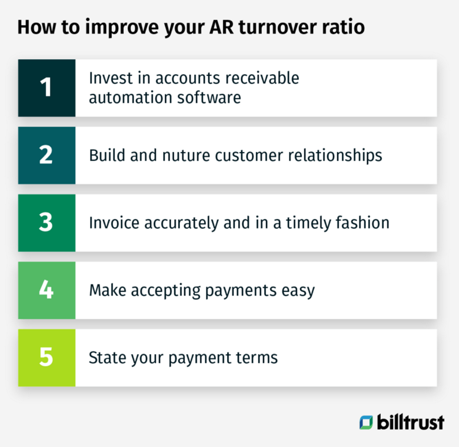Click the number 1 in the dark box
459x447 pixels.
click(x=46, y=87)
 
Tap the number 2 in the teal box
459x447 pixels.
click(x=46, y=155)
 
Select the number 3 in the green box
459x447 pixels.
click(x=46, y=222)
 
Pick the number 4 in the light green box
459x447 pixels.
click(x=46, y=289)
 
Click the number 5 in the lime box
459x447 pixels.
click(x=46, y=357)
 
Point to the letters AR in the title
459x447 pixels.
click(x=222, y=27)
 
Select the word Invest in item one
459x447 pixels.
click(x=110, y=78)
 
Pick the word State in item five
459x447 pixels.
click(x=103, y=358)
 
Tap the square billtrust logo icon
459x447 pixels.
click(x=366, y=423)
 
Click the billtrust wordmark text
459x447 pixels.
click(x=411, y=422)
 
